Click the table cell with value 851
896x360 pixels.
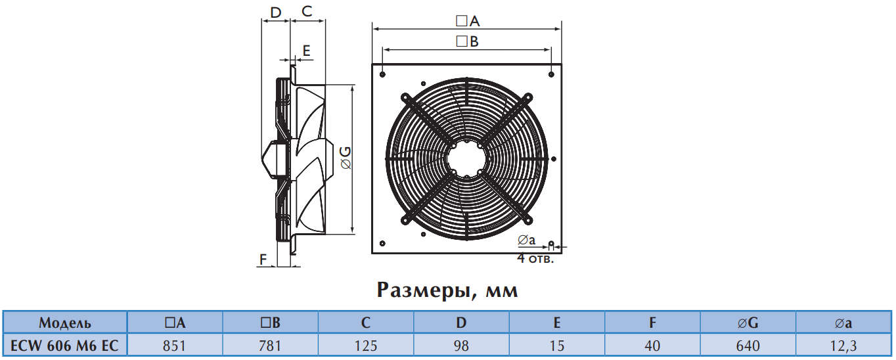(x=174, y=345)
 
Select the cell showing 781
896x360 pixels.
(x=270, y=345)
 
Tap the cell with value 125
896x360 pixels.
(x=366, y=345)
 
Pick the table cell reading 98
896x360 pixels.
(x=461, y=345)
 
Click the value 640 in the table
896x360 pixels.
(x=748, y=345)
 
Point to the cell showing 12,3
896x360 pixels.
(x=843, y=345)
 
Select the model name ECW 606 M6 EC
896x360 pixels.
(x=64, y=345)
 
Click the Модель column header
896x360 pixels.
(x=65, y=323)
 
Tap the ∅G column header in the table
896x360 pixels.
(x=748, y=323)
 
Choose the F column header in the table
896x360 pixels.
(x=652, y=323)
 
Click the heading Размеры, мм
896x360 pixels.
(x=447, y=290)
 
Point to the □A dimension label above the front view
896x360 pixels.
(x=468, y=21)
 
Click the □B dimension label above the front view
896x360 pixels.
(x=467, y=41)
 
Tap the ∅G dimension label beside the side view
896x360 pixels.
(x=346, y=158)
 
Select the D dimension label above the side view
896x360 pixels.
(x=276, y=12)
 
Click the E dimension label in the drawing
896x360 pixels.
(x=306, y=51)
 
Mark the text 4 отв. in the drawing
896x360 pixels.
(x=535, y=258)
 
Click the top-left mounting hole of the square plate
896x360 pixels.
(x=382, y=74)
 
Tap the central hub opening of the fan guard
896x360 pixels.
(x=467, y=159)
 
